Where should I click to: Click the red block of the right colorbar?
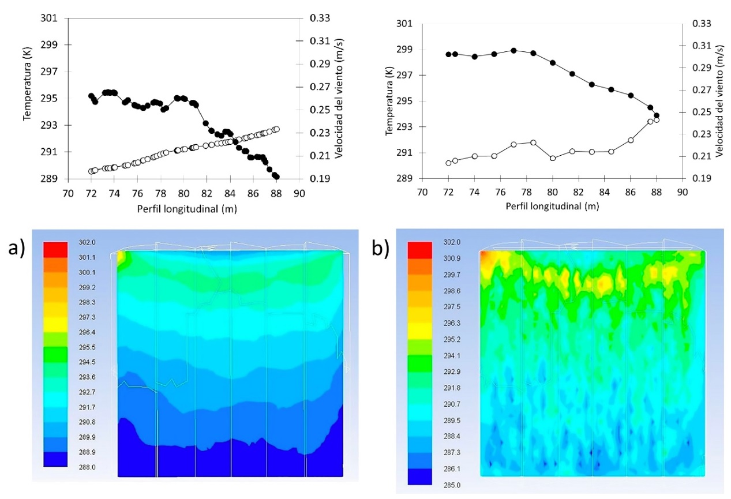419,250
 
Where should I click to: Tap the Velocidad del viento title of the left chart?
340,98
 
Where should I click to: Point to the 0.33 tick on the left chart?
320,18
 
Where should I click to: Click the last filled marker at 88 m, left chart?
276,177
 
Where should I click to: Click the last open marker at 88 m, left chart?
276,129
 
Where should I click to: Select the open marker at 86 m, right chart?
631,140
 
